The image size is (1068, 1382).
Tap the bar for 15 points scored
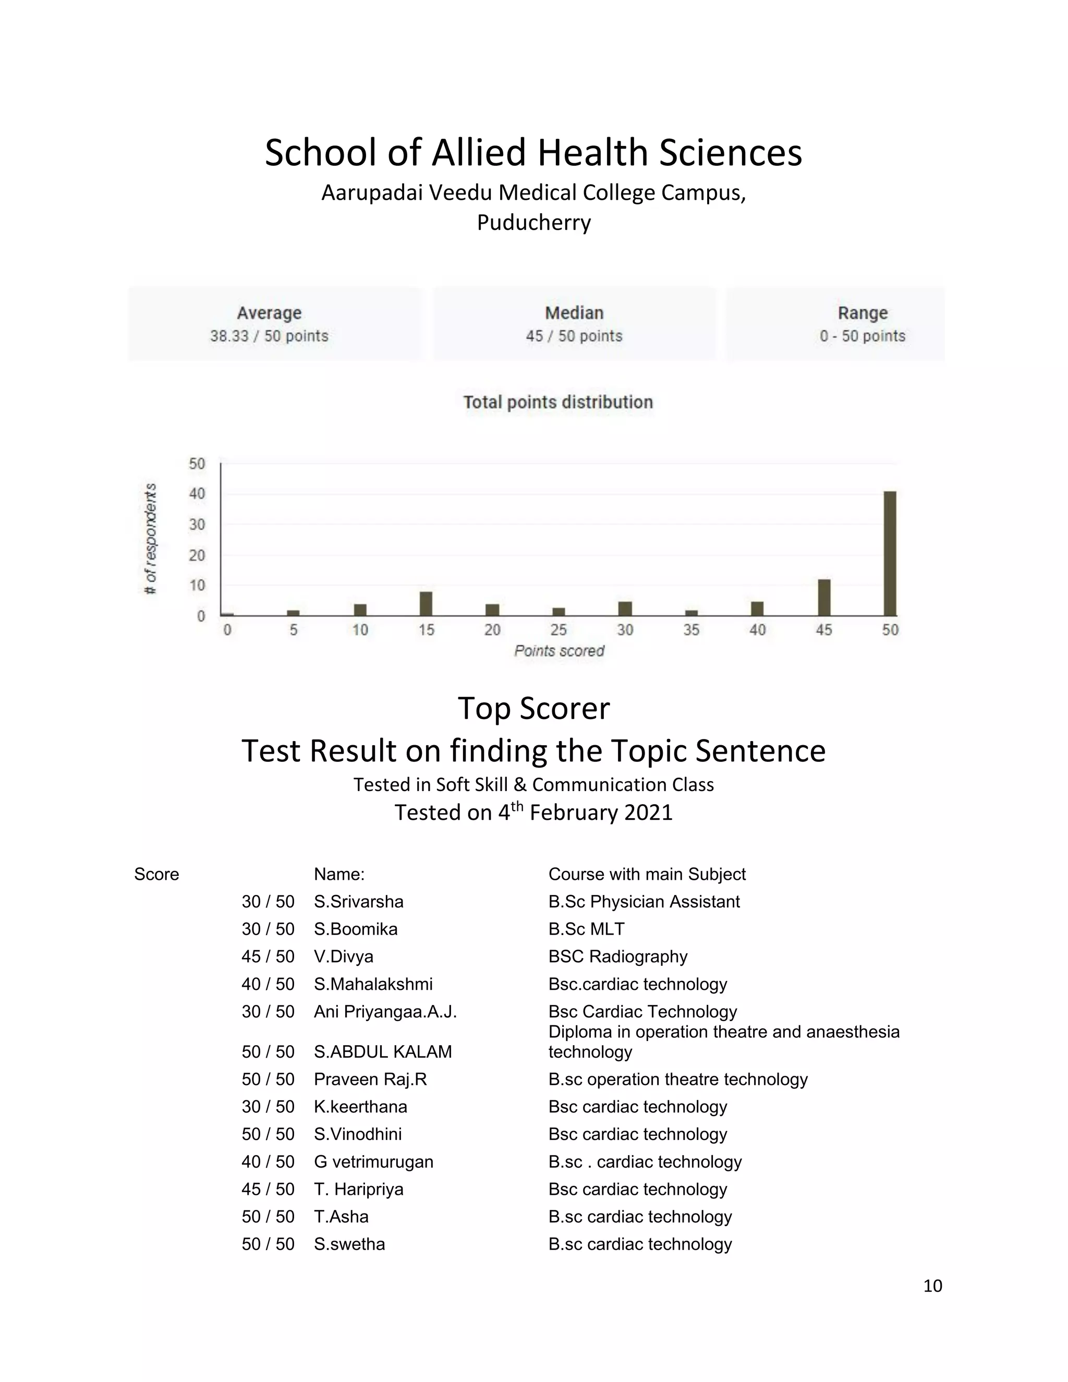426,604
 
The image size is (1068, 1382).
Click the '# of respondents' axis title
150,539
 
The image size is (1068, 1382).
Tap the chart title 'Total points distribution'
557,403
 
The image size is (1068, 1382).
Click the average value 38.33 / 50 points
269,336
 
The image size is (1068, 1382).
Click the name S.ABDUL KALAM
383,1052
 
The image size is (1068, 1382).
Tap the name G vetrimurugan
373,1162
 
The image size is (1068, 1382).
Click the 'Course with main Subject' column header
647,874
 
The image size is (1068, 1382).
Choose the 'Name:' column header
339,874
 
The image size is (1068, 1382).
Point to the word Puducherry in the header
533,223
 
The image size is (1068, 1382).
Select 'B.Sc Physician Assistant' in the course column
644,901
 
